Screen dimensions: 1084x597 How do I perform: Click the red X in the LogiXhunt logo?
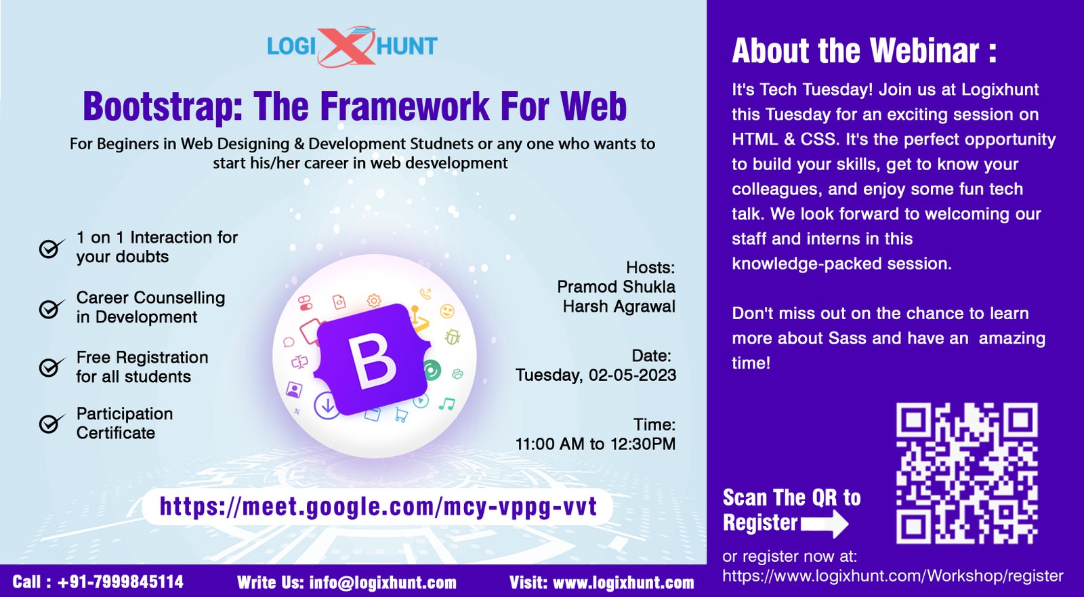(347, 46)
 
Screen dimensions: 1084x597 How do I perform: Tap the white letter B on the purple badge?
(371, 360)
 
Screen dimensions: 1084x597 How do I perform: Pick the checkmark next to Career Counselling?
(51, 308)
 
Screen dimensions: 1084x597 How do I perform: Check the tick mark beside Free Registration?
(51, 367)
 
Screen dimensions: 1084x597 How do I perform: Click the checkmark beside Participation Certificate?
(51, 423)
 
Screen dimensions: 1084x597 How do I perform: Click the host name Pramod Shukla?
(616, 287)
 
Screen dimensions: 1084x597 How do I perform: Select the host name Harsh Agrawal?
(619, 306)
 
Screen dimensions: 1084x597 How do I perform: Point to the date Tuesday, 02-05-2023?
(596, 375)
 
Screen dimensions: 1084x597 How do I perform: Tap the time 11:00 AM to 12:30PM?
(596, 443)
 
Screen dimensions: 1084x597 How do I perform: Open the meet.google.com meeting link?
(378, 507)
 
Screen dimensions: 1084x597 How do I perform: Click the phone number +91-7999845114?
(121, 581)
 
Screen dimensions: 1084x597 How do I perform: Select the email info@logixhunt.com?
(383, 582)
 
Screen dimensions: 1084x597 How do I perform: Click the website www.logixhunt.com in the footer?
(623, 582)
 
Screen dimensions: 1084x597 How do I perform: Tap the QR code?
(967, 473)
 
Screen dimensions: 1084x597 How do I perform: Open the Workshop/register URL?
(893, 576)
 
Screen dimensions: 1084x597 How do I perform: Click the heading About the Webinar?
(864, 50)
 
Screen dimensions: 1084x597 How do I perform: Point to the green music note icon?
(446, 404)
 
